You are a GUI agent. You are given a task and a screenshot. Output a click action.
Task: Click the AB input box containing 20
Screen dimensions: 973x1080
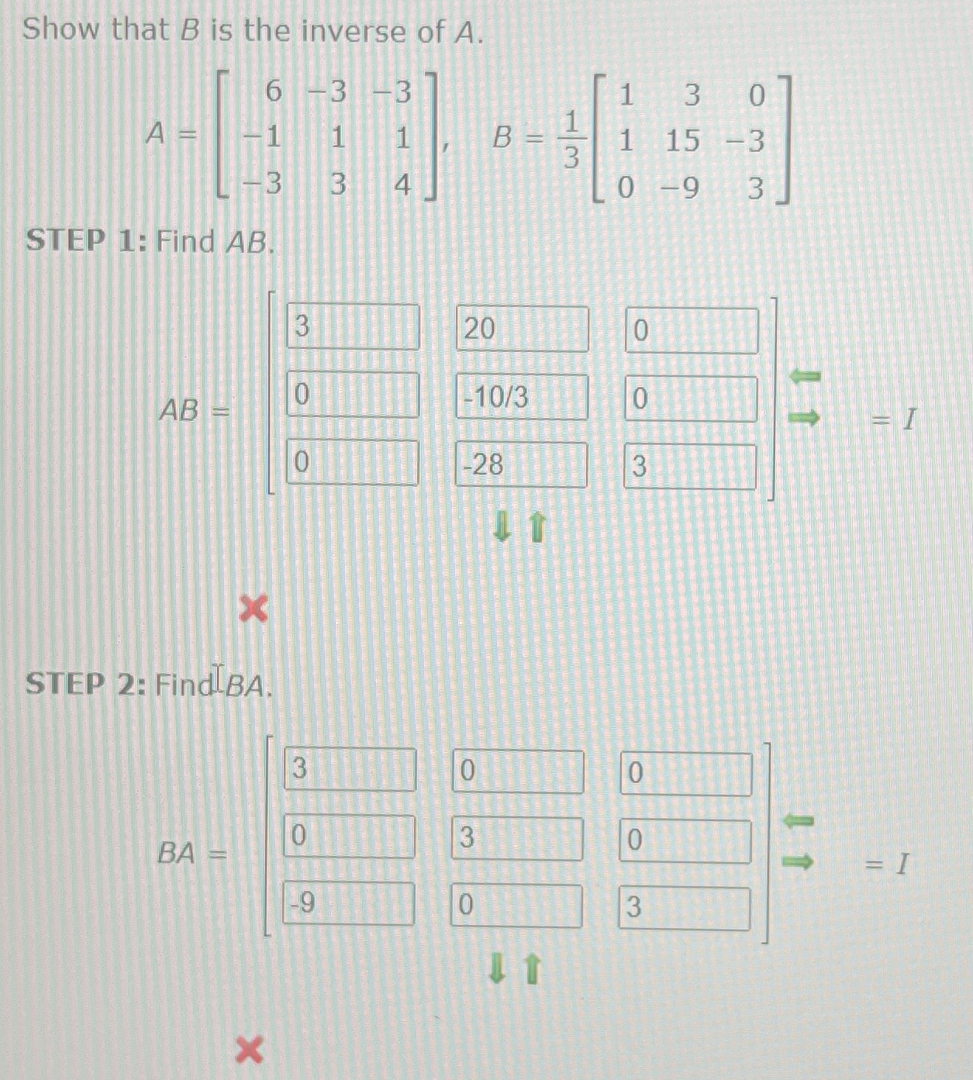pos(521,329)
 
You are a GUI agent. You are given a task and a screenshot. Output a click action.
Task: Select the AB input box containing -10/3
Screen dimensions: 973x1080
pos(521,397)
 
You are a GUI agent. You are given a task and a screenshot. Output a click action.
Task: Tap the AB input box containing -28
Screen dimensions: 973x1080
pos(520,465)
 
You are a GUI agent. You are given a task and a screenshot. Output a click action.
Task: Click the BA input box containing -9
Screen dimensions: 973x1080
pos(348,904)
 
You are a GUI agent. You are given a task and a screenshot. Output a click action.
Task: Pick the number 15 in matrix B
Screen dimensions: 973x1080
pos(682,141)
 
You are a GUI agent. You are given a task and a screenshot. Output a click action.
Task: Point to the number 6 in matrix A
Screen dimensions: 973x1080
pos(273,91)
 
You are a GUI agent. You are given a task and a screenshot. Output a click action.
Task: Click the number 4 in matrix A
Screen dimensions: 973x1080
pos(402,185)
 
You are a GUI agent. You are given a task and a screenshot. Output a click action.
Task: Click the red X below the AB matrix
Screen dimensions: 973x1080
pos(254,609)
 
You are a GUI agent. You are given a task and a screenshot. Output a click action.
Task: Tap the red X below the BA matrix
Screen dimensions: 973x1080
pos(249,1051)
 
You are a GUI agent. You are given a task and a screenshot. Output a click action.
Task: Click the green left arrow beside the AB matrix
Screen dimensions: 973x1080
pos(805,377)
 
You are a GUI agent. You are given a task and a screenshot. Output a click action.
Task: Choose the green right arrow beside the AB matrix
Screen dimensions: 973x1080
pos(805,418)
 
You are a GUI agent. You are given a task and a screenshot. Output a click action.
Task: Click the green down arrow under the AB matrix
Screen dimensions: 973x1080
pos(502,528)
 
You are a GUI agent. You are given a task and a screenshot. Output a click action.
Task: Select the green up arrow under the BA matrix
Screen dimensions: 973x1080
pos(532,969)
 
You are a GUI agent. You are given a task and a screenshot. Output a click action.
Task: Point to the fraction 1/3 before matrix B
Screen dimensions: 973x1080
pos(571,140)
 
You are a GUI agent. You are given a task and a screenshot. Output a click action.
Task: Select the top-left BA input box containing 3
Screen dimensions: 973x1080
pos(350,769)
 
